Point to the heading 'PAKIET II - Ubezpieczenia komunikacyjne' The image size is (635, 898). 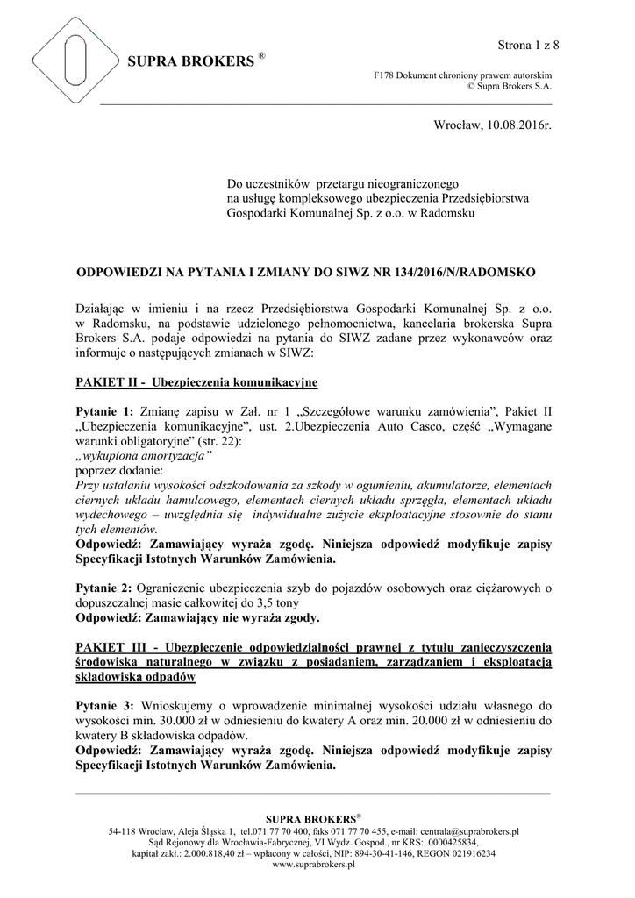(196, 383)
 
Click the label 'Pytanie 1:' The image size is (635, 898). (105, 411)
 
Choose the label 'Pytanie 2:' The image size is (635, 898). (105, 587)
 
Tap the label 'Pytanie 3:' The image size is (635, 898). (105, 705)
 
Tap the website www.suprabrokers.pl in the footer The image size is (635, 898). (314, 864)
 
